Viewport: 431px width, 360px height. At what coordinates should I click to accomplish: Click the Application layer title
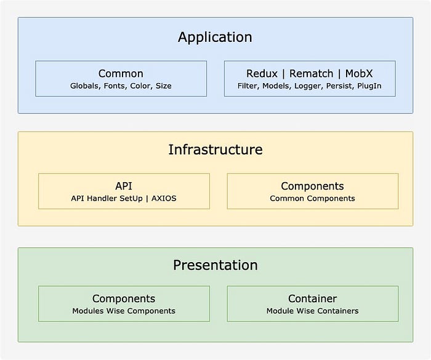point(215,37)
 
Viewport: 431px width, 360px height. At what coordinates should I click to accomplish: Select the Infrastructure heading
point(215,150)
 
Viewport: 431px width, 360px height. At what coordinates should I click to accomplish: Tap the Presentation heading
point(215,265)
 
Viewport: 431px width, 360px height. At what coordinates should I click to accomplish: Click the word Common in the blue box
point(121,73)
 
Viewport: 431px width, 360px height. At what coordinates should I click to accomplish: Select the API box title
point(124,186)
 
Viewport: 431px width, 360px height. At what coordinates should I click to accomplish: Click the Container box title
point(312,298)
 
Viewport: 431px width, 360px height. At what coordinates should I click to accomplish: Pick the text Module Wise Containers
point(312,311)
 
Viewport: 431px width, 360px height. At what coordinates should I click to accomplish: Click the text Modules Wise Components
point(124,311)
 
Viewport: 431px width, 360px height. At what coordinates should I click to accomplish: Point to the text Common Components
point(312,198)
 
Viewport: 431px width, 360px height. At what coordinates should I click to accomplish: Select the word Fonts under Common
point(114,86)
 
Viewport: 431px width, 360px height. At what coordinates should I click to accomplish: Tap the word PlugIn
point(369,86)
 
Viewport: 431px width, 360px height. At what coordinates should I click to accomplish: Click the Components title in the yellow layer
point(312,186)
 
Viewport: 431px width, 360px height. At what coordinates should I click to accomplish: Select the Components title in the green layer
point(124,298)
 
